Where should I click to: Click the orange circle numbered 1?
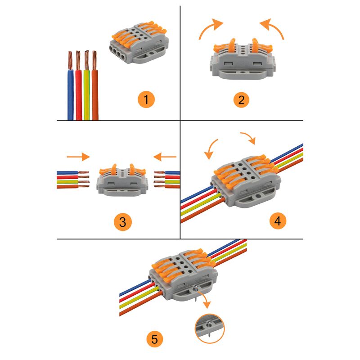click(146, 99)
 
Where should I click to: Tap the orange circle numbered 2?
click(242, 99)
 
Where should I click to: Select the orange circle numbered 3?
click(122, 222)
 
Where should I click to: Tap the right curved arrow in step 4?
click(249, 138)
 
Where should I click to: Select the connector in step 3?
click(121, 180)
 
